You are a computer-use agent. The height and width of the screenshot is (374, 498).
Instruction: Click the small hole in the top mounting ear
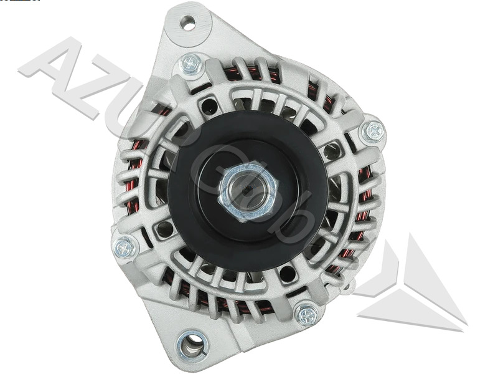click(187, 24)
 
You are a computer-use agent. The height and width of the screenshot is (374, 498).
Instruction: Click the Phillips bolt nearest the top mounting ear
click(190, 63)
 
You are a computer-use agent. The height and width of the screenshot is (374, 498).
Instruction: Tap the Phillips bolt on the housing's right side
click(374, 131)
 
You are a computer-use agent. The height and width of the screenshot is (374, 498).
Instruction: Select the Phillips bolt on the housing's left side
click(125, 247)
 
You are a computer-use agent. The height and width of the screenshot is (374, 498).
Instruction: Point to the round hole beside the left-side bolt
click(164, 229)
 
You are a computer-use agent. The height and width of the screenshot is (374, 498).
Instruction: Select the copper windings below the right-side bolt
click(364, 187)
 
